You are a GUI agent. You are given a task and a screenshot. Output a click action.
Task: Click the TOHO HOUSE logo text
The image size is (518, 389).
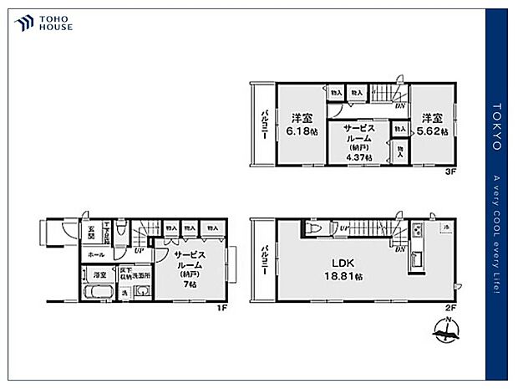click(x=54, y=23)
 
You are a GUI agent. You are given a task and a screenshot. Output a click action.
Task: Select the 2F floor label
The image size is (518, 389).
click(x=449, y=308)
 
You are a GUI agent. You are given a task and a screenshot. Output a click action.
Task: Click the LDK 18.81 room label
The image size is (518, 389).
click(x=341, y=268)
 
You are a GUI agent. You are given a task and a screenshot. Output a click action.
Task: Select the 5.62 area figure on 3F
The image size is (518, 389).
click(x=432, y=131)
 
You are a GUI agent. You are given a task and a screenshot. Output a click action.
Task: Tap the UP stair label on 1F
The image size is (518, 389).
click(x=140, y=248)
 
